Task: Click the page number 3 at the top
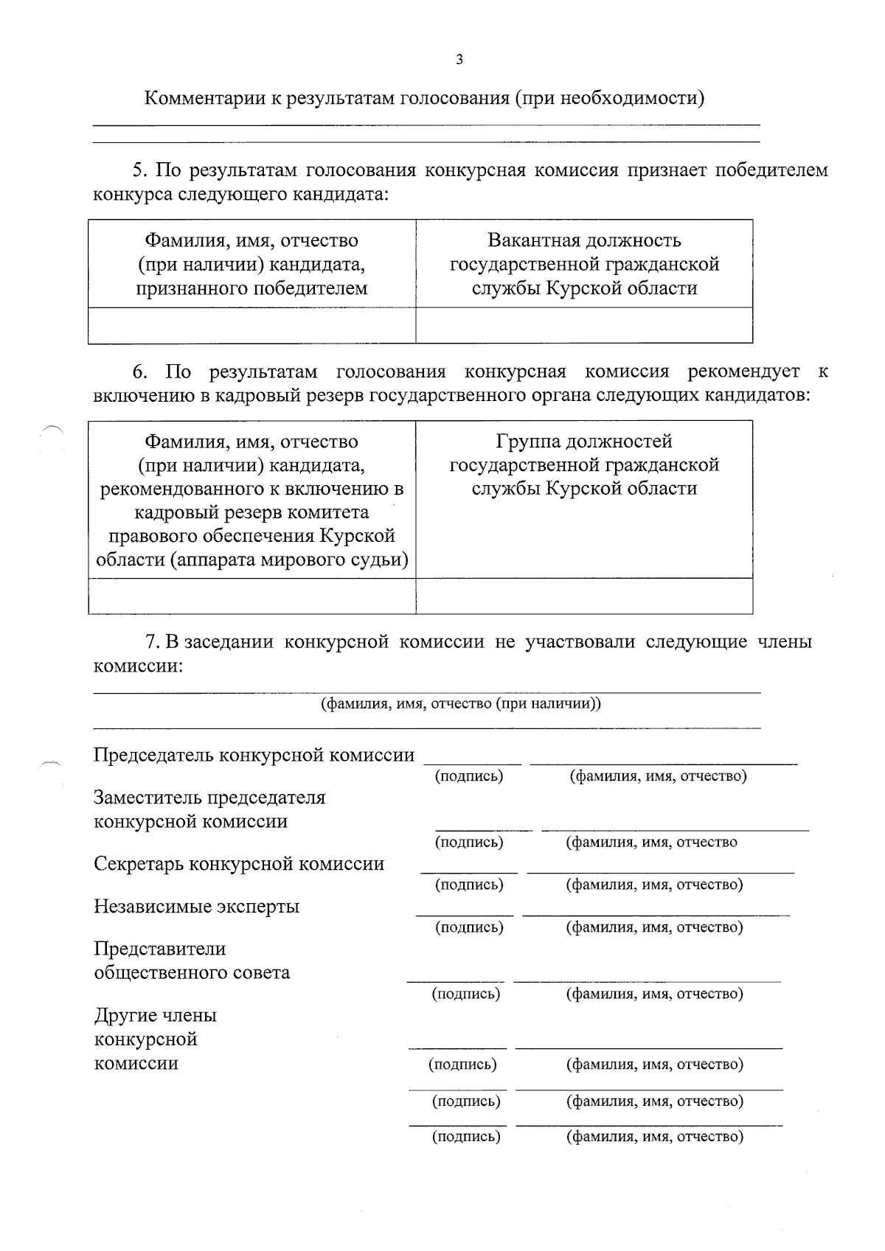point(459,60)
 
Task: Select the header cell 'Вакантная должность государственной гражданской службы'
point(584,264)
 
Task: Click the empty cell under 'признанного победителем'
point(251,325)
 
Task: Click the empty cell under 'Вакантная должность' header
point(584,325)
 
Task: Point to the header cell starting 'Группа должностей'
point(584,465)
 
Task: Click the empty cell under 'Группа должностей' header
point(584,596)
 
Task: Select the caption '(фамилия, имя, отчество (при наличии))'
point(461,703)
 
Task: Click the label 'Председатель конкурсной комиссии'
point(254,755)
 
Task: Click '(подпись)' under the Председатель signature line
point(469,776)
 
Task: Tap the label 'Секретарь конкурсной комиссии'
point(239,864)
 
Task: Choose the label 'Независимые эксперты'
point(196,906)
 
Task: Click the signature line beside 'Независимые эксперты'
point(465,914)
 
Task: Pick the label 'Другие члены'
point(155,1015)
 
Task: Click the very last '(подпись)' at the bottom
point(466,1137)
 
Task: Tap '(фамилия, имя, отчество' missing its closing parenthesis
point(651,842)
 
